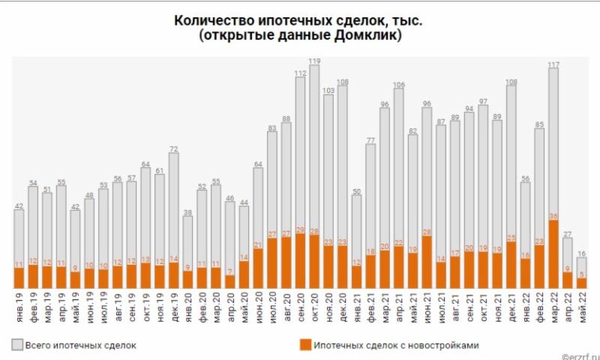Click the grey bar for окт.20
314,150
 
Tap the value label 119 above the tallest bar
314,61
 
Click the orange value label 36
554,217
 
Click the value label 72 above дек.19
173,148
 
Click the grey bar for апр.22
568,255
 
